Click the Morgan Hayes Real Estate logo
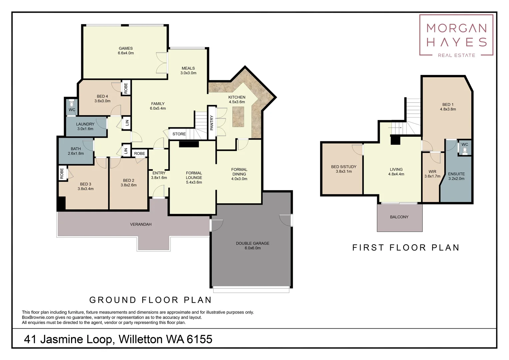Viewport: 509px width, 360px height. coord(456,35)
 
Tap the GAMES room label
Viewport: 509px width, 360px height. coord(126,48)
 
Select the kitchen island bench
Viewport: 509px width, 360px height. coord(238,117)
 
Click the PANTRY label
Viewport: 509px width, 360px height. coord(212,123)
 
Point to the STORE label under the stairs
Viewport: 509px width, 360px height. coord(179,134)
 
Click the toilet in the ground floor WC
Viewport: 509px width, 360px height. coord(72,104)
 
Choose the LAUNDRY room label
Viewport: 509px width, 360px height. coord(85,124)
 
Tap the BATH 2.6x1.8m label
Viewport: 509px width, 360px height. coord(76,151)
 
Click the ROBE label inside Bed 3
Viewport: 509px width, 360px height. coord(62,173)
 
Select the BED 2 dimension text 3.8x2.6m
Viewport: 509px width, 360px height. coord(129,185)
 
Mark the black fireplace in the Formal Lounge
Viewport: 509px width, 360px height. coord(189,144)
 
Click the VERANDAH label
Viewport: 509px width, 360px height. coord(141,224)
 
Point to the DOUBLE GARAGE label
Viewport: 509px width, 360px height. coord(253,243)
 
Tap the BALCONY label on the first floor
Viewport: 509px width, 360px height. coord(399,217)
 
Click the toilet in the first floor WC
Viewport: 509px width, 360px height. coord(465,150)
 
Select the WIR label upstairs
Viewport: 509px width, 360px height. coord(432,172)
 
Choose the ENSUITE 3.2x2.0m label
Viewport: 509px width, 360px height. coord(456,176)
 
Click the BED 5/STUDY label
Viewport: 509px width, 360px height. coord(343,167)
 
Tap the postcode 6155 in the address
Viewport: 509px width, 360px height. coord(200,339)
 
